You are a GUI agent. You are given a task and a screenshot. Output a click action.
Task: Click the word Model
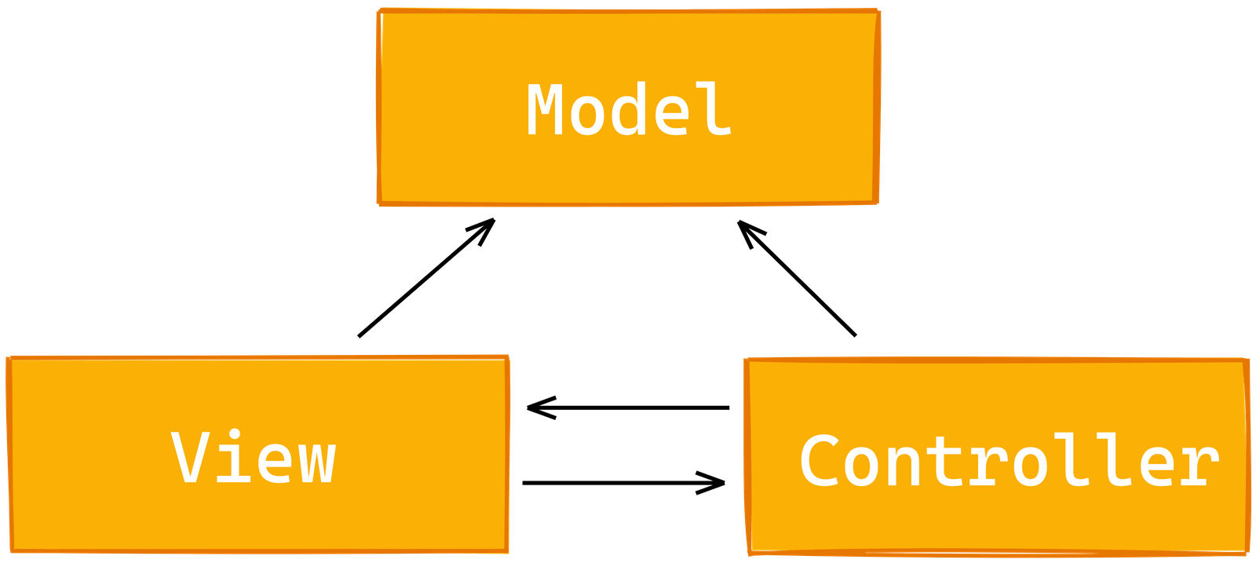[629, 109]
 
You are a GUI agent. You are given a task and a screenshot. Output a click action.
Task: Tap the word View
[254, 457]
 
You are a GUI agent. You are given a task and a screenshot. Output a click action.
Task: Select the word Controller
[1010, 460]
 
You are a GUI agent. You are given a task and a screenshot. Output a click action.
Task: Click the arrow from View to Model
[427, 278]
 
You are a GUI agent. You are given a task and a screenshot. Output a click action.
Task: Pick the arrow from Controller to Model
[797, 278]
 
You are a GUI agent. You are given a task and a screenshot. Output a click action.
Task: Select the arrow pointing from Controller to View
[628, 408]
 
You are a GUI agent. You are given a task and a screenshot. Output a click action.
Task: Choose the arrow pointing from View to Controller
[623, 483]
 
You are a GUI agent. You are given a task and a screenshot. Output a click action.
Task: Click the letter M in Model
[545, 109]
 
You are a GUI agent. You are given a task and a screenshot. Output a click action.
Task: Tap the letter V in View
[190, 456]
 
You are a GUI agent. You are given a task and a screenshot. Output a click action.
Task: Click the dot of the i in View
[235, 434]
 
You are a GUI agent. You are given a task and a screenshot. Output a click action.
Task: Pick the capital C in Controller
[820, 460]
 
